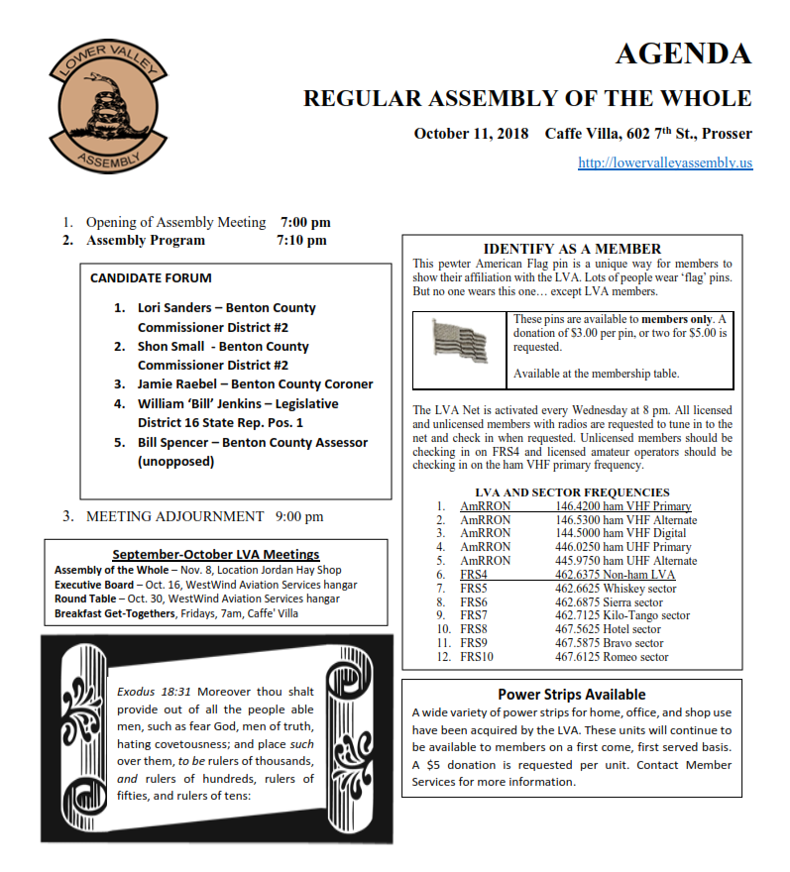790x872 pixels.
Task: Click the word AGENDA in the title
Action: [683, 54]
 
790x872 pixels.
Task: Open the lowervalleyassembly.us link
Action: [665, 162]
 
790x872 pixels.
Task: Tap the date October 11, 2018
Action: [471, 133]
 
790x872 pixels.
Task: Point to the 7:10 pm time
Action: [302, 240]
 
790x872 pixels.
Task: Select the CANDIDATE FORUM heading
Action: [151, 278]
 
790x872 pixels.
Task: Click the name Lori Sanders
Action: [174, 308]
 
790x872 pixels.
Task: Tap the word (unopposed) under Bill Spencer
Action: [175, 461]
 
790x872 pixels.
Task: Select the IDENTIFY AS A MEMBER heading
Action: [572, 249]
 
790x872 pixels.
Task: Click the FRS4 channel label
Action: [474, 575]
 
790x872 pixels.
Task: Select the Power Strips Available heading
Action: [571, 695]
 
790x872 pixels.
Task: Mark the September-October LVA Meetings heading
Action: [216, 555]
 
